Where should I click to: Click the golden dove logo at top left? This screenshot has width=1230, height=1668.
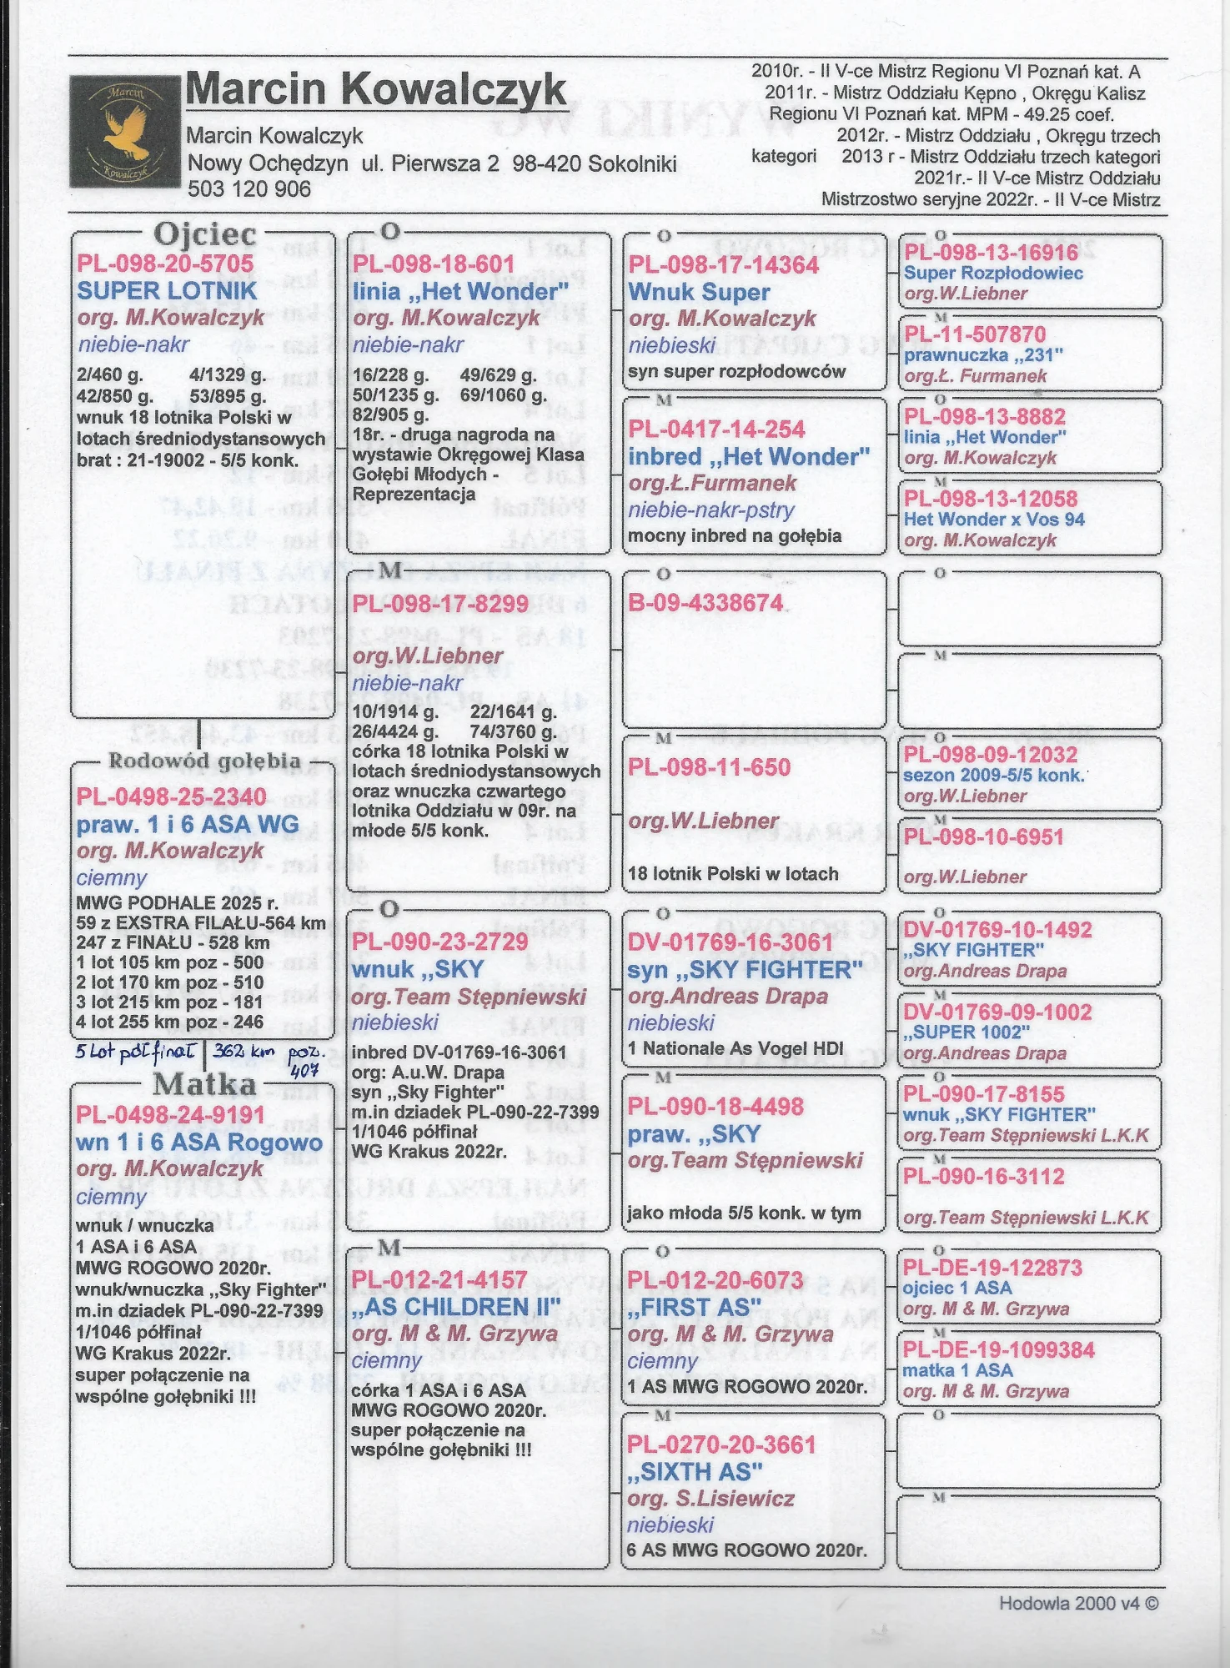[125, 131]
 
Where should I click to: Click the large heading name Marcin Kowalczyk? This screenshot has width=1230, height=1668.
[376, 89]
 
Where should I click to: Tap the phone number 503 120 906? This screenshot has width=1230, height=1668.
[249, 189]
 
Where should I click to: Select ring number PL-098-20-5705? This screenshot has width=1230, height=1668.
[165, 264]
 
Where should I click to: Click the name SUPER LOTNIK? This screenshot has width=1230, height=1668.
[167, 291]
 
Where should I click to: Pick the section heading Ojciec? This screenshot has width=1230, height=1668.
[205, 234]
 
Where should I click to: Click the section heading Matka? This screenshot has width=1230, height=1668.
[204, 1084]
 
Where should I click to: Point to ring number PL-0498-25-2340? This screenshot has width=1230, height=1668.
[171, 796]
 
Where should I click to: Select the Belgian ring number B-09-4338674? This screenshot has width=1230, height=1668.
[705, 603]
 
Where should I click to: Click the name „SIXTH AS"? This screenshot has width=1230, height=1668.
[695, 1472]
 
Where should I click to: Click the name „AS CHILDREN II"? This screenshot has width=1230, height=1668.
[455, 1307]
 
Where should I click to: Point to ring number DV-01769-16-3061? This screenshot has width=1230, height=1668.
[730, 942]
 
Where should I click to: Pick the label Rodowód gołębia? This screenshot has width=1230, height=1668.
[204, 761]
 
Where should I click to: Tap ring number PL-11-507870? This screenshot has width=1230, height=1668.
[975, 334]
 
